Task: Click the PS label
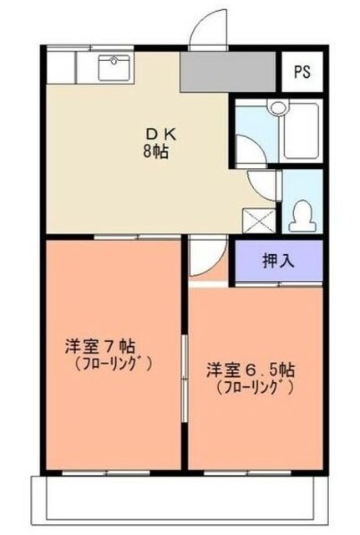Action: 302,71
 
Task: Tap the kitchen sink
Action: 114,66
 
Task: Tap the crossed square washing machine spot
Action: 254,219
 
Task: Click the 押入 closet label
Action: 278,260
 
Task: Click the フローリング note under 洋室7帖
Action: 113,364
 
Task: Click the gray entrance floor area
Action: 227,74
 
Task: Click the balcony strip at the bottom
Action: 180,502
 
